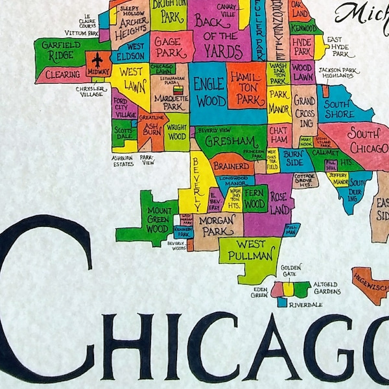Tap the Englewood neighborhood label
point(210,92)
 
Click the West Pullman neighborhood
point(250,250)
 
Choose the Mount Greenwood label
point(159,220)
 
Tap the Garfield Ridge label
point(62,50)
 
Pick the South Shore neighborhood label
point(338,108)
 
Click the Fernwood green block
point(255,200)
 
